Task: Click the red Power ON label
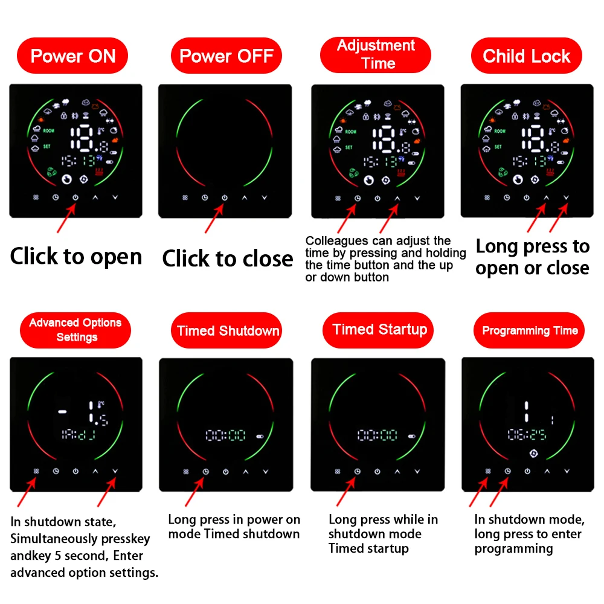pyautogui.click(x=72, y=56)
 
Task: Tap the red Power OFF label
pyautogui.click(x=226, y=56)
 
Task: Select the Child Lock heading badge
pyautogui.click(x=526, y=56)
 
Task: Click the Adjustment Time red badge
pyautogui.click(x=376, y=54)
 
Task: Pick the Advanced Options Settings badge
pyautogui.click(x=75, y=330)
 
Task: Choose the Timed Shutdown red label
pyautogui.click(x=228, y=330)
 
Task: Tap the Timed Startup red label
pyautogui.click(x=379, y=329)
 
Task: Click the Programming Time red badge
pyautogui.click(x=530, y=330)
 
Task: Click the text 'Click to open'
pyautogui.click(x=76, y=256)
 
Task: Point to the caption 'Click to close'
pyautogui.click(x=227, y=259)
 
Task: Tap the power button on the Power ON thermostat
pyautogui.click(x=75, y=198)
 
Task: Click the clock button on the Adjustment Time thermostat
pyautogui.click(x=357, y=198)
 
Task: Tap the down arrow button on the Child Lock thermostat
pyautogui.click(x=566, y=198)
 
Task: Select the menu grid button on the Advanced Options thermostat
pyautogui.click(x=36, y=471)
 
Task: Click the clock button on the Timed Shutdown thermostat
pyautogui.click(x=205, y=471)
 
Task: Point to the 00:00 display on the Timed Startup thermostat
pyautogui.click(x=377, y=435)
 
